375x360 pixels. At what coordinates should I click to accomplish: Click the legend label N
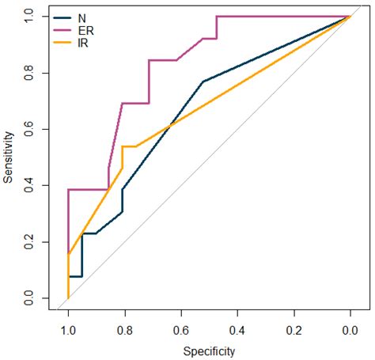pos(82,18)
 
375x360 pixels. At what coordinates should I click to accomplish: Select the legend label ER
pos(86,31)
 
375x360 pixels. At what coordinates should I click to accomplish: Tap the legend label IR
pos(83,44)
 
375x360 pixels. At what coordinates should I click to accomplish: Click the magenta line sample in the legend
pos(62,30)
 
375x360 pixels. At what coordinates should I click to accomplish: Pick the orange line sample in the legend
pos(62,43)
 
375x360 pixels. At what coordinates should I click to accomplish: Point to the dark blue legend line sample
pos(62,18)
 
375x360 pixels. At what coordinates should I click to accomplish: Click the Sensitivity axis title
pos(8,157)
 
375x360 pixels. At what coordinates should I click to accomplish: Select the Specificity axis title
pos(209,351)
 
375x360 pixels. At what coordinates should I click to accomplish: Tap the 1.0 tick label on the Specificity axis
pos(68,331)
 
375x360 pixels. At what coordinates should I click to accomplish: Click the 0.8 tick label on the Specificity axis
pos(125,331)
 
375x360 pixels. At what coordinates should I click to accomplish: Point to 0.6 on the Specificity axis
pos(181,331)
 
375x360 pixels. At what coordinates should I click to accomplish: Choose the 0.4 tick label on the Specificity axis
pos(237,331)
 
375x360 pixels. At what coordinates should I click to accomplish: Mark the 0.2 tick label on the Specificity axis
pos(294,331)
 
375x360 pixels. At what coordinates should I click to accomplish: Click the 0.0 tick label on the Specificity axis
pos(350,331)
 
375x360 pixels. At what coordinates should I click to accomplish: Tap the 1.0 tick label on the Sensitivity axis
pos(28,17)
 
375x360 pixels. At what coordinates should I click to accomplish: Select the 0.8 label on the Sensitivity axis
pos(28,73)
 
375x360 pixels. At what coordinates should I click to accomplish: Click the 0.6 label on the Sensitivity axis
pos(28,129)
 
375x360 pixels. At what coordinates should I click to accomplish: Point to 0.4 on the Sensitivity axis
pos(28,185)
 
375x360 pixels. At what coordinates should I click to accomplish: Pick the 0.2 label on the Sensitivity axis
pos(28,242)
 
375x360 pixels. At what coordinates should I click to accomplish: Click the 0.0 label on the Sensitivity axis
pos(28,298)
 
